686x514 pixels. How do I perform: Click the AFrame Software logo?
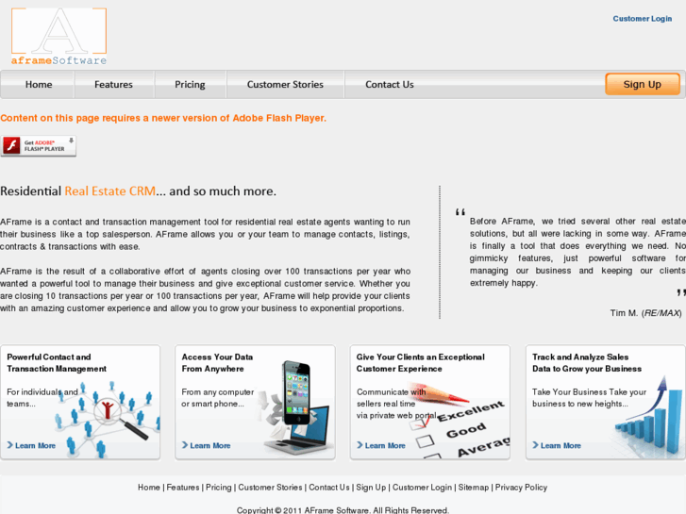click(x=59, y=37)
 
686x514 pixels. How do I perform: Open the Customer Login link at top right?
click(x=642, y=19)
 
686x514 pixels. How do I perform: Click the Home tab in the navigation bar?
click(x=39, y=85)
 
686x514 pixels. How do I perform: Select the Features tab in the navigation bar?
click(x=113, y=85)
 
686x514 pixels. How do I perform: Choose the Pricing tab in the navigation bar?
click(x=190, y=85)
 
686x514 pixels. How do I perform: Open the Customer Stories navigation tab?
click(x=285, y=85)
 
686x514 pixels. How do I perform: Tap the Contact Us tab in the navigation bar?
click(x=390, y=85)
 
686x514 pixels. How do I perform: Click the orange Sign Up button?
click(x=642, y=84)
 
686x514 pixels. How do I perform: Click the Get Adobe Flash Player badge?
click(x=39, y=146)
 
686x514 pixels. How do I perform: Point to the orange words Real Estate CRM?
click(x=109, y=191)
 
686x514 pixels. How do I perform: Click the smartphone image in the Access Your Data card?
click(x=297, y=390)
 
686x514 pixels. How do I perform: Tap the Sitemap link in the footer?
click(x=474, y=488)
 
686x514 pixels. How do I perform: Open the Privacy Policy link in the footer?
click(x=521, y=488)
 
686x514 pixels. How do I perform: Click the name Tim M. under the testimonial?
click(x=624, y=313)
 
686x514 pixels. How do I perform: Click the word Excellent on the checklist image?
click(x=470, y=413)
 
